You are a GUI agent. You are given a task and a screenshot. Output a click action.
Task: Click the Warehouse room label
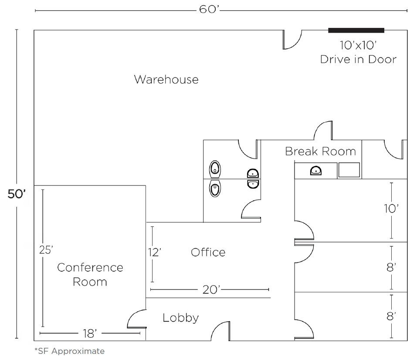(x=166, y=80)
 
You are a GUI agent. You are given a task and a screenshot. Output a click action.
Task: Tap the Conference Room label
(x=90, y=274)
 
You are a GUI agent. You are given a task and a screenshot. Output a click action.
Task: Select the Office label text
(x=208, y=252)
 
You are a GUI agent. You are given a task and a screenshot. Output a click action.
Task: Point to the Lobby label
(x=180, y=318)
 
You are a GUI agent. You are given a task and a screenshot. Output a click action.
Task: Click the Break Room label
(x=320, y=151)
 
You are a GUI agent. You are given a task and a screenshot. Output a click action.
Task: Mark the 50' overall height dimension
(x=17, y=194)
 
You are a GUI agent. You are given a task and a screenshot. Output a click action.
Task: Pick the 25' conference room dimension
(x=45, y=250)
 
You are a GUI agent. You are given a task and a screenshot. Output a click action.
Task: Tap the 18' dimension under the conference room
(x=89, y=333)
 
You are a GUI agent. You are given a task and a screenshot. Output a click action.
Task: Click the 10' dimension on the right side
(x=391, y=209)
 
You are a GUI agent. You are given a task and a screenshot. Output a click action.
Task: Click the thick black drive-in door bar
(x=356, y=30)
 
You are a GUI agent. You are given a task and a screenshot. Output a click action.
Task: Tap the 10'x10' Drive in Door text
(x=358, y=52)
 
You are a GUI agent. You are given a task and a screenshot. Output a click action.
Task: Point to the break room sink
(x=316, y=171)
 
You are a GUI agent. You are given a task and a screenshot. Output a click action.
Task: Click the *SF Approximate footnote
(x=69, y=351)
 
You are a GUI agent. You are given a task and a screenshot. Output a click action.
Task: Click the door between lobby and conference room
(x=138, y=320)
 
